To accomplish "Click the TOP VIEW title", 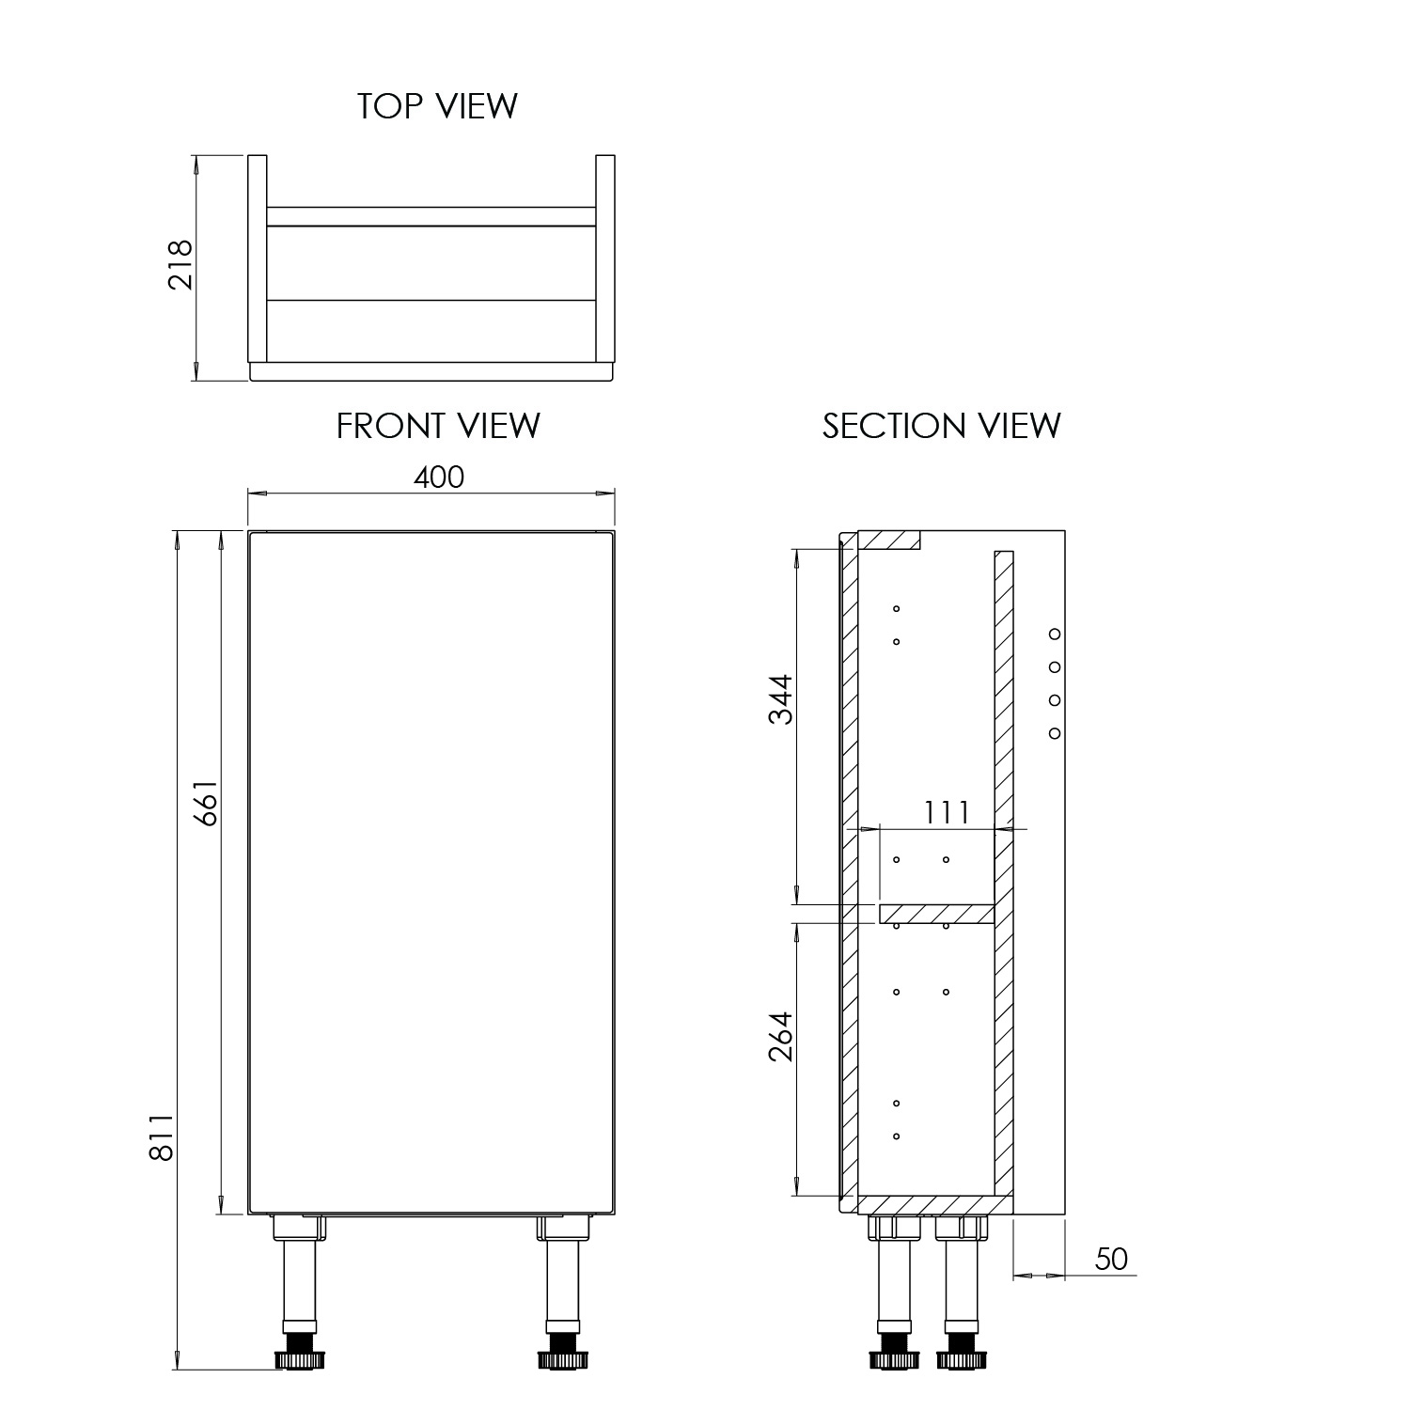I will point(437,106).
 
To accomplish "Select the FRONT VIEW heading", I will point(438,426).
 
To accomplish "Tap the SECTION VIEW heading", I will point(941,426).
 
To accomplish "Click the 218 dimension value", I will point(180,265).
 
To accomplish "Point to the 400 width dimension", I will point(439,478).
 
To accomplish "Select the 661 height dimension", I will point(207,802).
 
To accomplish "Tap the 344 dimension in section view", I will point(781,698).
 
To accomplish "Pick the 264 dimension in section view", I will point(781,1036).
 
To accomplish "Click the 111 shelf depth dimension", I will point(946,812).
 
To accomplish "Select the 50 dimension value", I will point(1111,1259).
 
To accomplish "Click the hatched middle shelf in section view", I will point(936,914).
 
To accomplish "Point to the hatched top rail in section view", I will point(889,540).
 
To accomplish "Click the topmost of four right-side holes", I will point(1055,634).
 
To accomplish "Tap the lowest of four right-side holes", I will point(1055,732).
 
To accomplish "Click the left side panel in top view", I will point(257,258).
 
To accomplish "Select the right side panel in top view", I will point(605,258).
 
